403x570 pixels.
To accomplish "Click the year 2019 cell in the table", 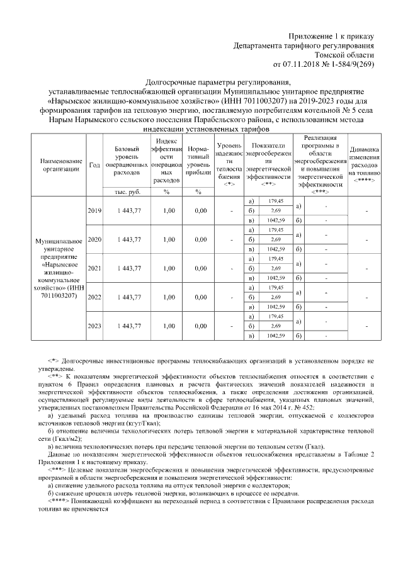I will (x=94, y=210).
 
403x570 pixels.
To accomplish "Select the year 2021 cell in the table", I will (x=94, y=268).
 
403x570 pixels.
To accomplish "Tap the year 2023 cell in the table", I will (x=94, y=326).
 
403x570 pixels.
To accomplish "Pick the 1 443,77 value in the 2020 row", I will (x=128, y=239).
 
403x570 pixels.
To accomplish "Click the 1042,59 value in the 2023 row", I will (x=276, y=336).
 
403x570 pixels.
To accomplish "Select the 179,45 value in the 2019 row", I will (x=276, y=201).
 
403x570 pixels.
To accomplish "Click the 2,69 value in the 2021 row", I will (x=276, y=268).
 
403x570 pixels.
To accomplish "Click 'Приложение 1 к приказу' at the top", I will (x=331, y=36).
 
